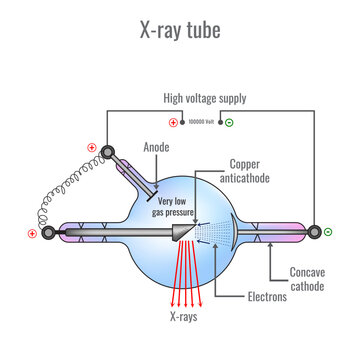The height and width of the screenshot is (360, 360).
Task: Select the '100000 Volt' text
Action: [200, 122]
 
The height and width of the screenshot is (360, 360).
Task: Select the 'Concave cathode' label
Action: [308, 279]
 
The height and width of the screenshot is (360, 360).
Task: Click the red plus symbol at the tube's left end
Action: [32, 234]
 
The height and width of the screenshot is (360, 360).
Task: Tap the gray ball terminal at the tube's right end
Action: [326, 233]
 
